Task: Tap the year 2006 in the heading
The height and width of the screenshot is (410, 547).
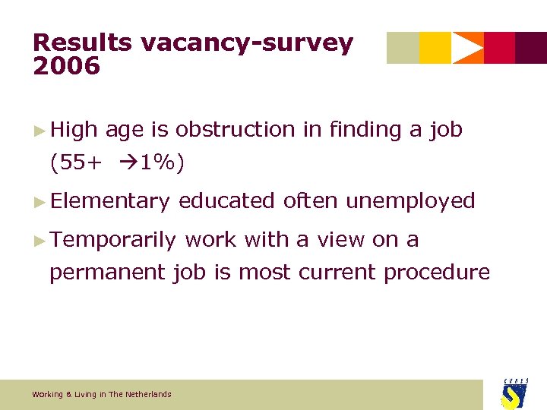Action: point(66,67)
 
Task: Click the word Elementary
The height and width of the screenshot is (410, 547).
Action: point(110,201)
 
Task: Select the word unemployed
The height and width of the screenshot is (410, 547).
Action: point(410,201)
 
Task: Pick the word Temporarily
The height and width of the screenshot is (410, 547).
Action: point(113,240)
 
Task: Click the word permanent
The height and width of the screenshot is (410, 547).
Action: point(108,273)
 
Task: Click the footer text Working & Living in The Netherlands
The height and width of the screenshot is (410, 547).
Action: point(102,394)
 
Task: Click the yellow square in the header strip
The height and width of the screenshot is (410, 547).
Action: point(435,48)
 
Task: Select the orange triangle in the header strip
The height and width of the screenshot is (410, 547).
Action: point(467,48)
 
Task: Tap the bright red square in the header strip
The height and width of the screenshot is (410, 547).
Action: point(499,48)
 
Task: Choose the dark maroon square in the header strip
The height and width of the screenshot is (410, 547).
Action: point(531,48)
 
